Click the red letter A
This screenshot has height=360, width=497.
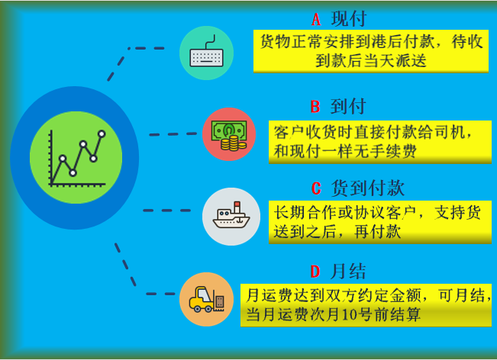tap(316, 18)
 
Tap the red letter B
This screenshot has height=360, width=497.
tap(315, 105)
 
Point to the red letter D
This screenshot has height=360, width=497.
tap(314, 271)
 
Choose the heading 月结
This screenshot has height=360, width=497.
tap(348, 271)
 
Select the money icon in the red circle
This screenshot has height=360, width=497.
tap(229, 134)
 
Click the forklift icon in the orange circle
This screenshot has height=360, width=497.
tap(206, 299)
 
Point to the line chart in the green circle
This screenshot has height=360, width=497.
tap(76, 157)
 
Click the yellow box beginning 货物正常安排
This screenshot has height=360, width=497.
tap(370, 52)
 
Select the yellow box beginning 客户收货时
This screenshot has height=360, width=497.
tap(379, 141)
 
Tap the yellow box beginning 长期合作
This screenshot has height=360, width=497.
tap(379, 222)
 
